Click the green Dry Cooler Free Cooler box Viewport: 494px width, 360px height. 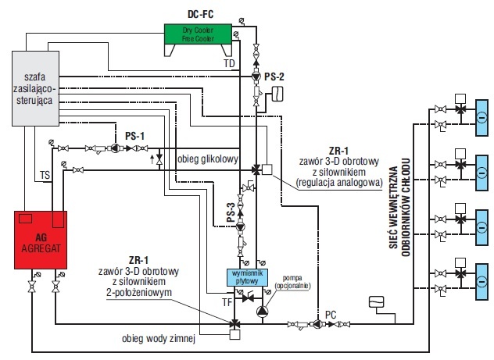coord(199,34)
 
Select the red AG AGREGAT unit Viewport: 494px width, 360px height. coord(41,240)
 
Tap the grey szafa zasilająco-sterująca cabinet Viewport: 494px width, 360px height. coord(35,88)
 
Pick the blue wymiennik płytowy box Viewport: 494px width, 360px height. coord(247,277)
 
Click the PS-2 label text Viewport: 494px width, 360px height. coord(274,77)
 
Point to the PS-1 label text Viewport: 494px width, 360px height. coord(135,136)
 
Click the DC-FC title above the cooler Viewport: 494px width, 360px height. coord(200,14)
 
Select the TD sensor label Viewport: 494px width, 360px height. coord(229,63)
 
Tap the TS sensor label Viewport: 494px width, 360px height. coord(45,175)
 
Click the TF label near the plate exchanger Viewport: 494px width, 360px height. coord(227,302)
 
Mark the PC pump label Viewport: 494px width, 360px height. coord(331,315)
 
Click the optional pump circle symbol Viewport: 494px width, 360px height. coord(262,312)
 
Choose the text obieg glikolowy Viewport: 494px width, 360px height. coord(208,159)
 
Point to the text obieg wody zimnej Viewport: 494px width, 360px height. coord(159,339)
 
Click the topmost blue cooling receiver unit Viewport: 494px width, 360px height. coord(481,118)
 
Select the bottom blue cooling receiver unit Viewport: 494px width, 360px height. coord(481,282)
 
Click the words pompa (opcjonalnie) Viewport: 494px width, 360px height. coord(292,282)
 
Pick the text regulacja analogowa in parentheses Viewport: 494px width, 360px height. coord(339,183)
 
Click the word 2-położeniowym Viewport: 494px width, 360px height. coord(139,292)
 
